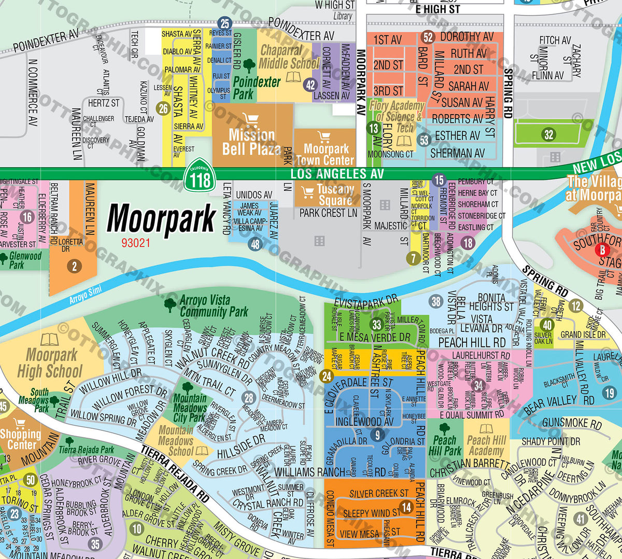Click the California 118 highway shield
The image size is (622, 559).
coord(200,177)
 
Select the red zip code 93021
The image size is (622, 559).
coord(136,243)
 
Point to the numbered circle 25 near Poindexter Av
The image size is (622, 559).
coord(224,23)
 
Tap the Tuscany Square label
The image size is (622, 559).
coord(335,194)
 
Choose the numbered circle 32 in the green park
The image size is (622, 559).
coord(548,135)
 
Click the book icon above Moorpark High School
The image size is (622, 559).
coord(49,340)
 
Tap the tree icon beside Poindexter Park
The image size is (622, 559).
coord(249,65)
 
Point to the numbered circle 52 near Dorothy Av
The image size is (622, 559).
coord(428,37)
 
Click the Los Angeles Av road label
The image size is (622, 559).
coord(337,174)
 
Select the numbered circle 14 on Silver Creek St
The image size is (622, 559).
coord(406,507)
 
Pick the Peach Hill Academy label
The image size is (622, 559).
coord(486,445)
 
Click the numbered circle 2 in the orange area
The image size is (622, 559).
coord(74,267)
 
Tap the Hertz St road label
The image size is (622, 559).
coord(104,103)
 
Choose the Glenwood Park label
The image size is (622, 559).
coord(25,260)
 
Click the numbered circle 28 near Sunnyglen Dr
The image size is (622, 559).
coord(249,398)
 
